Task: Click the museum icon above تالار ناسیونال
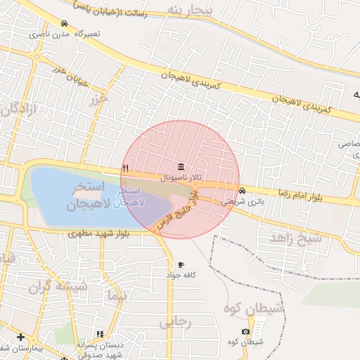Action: pos(182,167)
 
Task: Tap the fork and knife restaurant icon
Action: pos(125,168)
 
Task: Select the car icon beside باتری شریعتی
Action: pos(243,191)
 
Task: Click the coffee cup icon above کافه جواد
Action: pos(181,264)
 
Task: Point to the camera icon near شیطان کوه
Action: pos(245,331)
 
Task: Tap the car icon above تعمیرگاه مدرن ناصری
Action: pos(65,23)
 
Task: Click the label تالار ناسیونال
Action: pos(182,179)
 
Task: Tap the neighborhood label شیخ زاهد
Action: pos(295,237)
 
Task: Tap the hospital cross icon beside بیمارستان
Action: pos(21,337)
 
